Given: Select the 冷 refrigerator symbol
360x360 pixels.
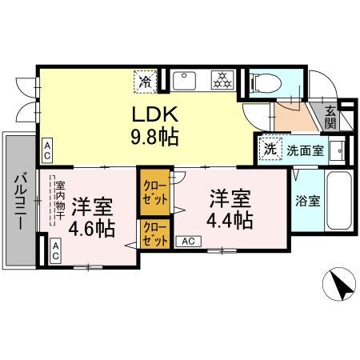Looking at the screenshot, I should pyautogui.click(x=146, y=81).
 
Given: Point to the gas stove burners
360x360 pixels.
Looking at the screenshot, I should pyautogui.click(x=220, y=80).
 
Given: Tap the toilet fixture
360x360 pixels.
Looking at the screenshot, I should pyautogui.click(x=265, y=82).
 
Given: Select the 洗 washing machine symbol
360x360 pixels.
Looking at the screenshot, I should pyautogui.click(x=271, y=148).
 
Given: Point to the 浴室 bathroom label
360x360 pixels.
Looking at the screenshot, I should pyautogui.click(x=309, y=200).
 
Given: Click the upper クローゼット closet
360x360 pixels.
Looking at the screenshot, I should pyautogui.click(x=155, y=192).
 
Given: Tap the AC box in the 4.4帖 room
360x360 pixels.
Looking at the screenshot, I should pyautogui.click(x=188, y=240).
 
